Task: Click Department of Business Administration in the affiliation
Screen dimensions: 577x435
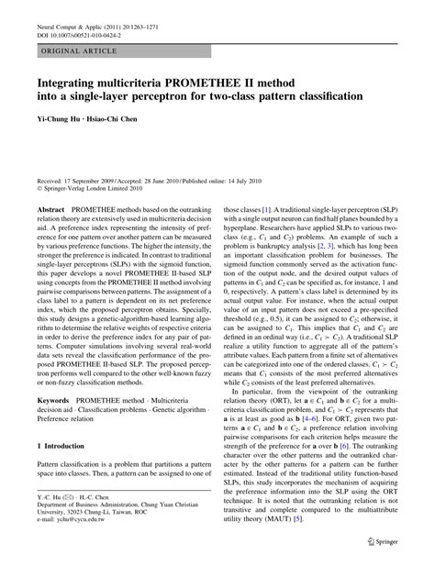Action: pyautogui.click(x=102, y=538)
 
